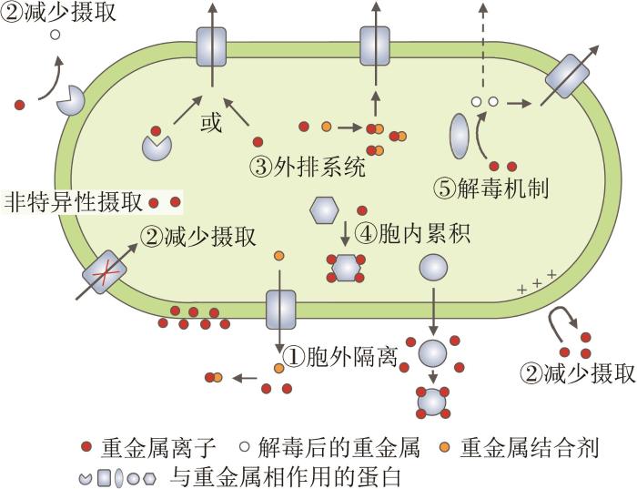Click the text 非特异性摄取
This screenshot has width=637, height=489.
coord(75,201)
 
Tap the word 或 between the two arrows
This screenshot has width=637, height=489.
coord(211,123)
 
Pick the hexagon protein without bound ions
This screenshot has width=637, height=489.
coord(325,210)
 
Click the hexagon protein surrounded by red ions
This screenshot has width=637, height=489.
coord(346,268)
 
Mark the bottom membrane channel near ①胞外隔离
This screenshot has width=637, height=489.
coord(281,310)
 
